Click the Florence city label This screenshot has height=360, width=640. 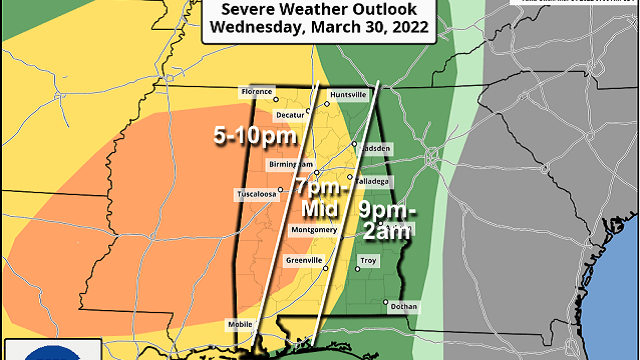(255, 92)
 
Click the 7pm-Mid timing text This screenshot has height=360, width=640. (320, 197)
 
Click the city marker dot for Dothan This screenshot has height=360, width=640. (385, 301)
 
